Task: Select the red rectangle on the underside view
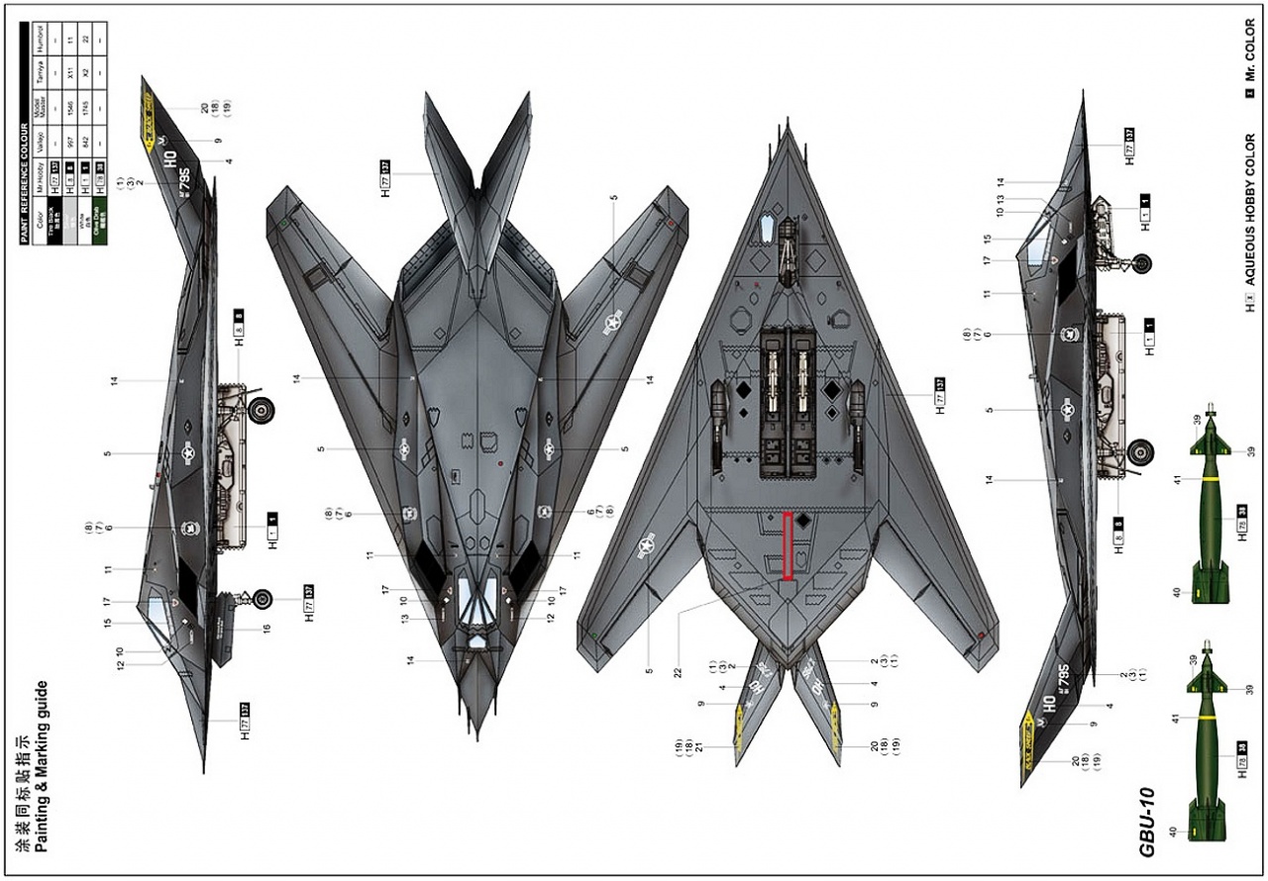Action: pos(788,545)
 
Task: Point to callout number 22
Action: pos(679,672)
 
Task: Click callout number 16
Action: pos(266,628)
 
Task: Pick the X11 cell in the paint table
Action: pos(71,73)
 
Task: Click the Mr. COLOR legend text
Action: pos(1250,60)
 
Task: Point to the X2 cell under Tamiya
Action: pos(88,73)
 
